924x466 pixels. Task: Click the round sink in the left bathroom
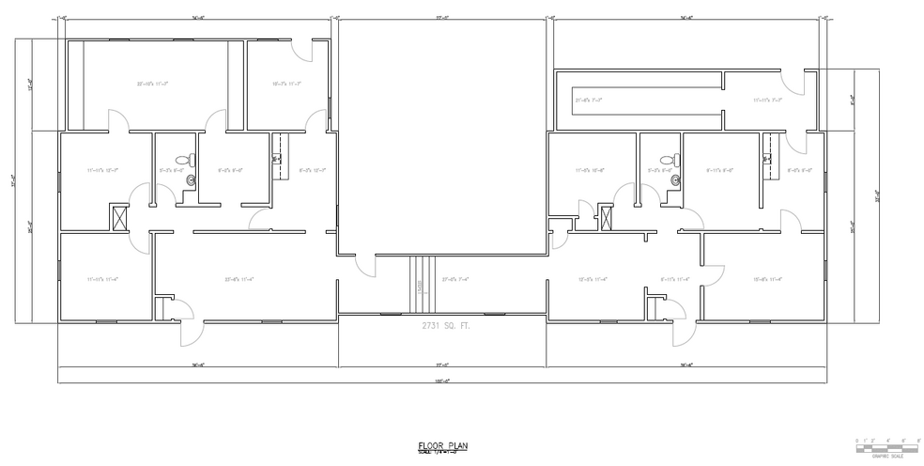click(x=192, y=178)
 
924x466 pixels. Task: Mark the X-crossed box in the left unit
click(x=119, y=217)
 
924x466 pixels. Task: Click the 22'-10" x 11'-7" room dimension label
click(x=152, y=85)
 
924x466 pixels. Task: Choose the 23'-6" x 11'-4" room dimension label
click(x=240, y=279)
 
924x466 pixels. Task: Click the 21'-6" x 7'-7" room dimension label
click(x=589, y=100)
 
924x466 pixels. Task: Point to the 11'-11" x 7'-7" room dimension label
click(x=767, y=100)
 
